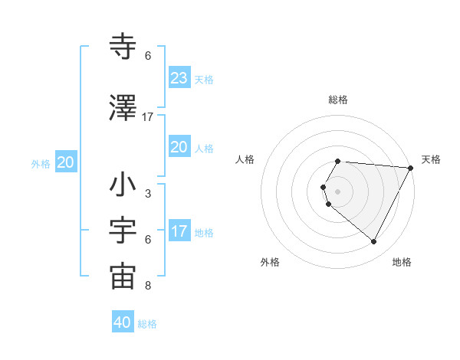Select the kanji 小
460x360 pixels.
[123, 185]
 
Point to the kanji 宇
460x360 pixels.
[123, 231]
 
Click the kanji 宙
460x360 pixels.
[123, 277]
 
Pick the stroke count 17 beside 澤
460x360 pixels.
[148, 116]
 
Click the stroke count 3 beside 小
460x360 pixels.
[148, 193]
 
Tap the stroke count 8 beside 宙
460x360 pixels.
[148, 286]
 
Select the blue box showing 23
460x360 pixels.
[179, 77]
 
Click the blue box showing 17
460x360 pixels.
[179, 231]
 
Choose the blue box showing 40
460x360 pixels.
[123, 322]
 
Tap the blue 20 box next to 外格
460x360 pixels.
[65, 162]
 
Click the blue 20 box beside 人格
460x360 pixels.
[179, 147]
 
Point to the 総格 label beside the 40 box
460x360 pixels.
[147, 324]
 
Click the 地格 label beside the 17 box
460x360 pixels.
[204, 233]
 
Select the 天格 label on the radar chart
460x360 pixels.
[431, 159]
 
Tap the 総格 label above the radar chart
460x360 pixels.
[338, 100]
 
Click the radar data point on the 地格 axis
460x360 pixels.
[374, 241]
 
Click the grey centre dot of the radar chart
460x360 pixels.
[338, 191]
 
